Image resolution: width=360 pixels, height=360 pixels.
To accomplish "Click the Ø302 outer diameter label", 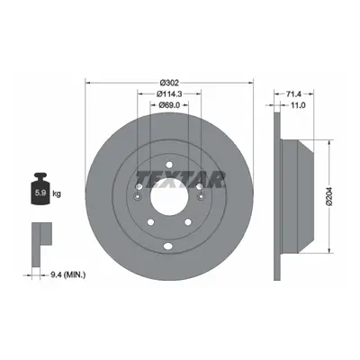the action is pyautogui.click(x=169, y=82).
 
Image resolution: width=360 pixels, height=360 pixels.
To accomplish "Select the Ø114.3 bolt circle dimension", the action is pyautogui.click(x=169, y=94).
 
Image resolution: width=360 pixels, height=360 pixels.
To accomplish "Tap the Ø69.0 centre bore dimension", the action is pyautogui.click(x=169, y=104).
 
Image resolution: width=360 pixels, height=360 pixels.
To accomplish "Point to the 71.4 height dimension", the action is pyautogui.click(x=293, y=94).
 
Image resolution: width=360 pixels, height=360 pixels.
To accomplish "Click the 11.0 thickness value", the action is pyautogui.click(x=298, y=105).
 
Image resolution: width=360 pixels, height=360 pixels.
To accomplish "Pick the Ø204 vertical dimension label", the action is pyautogui.click(x=329, y=196).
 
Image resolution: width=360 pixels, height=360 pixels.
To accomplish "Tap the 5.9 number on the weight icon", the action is pyautogui.click(x=40, y=193).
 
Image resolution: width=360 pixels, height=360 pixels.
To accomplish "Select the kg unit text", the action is pyautogui.click(x=57, y=193).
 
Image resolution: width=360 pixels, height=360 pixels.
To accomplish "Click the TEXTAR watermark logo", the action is pyautogui.click(x=182, y=179).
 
